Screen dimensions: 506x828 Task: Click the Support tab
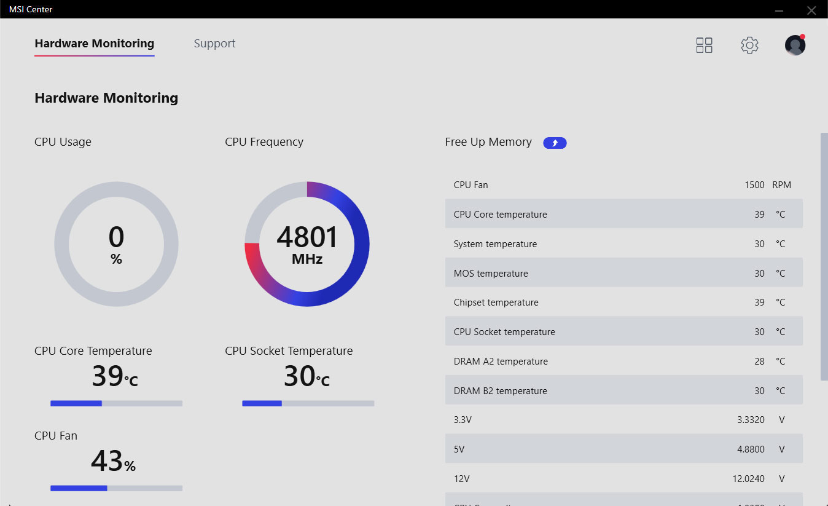(x=214, y=44)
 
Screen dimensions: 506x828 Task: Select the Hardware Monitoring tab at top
(x=94, y=44)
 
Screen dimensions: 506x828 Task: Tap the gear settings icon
(x=749, y=45)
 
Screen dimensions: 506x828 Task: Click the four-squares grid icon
(x=704, y=45)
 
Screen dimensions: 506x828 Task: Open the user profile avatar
(x=795, y=45)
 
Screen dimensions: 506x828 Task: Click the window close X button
(x=811, y=10)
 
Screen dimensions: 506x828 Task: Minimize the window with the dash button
(x=779, y=10)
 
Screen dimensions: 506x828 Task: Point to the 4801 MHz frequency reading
(x=307, y=244)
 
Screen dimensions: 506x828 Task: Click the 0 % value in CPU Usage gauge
(x=116, y=244)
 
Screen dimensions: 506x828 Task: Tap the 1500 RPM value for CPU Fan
(x=754, y=185)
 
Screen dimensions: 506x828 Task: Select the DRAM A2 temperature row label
(x=500, y=362)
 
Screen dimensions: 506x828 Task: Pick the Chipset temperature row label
(x=496, y=302)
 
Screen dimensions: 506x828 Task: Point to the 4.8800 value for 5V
(x=751, y=449)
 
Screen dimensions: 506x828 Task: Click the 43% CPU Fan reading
(x=113, y=461)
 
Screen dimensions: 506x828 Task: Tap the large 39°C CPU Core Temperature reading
(x=115, y=376)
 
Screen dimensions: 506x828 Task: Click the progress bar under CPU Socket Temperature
(x=308, y=403)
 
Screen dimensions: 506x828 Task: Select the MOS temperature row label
(x=490, y=274)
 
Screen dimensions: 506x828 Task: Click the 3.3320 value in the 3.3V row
(x=751, y=420)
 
